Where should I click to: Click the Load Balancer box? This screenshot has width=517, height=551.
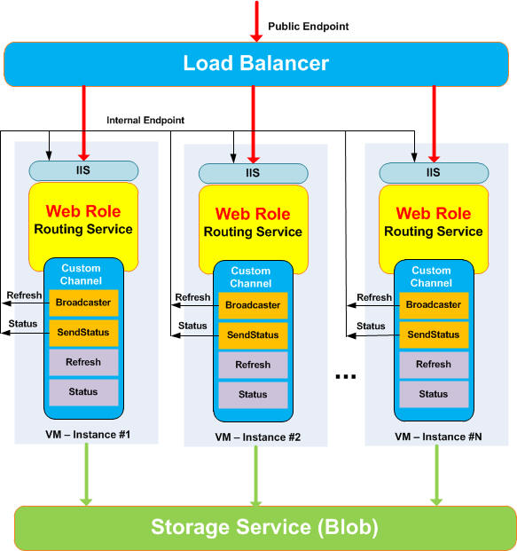pos(256,64)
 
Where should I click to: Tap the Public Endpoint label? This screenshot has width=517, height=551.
pos(309,27)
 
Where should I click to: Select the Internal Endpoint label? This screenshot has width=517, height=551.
pos(145,120)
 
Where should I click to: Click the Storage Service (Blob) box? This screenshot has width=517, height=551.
pos(265,527)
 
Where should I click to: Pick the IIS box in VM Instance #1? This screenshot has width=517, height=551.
pos(83,170)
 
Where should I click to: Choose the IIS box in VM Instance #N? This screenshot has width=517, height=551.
pos(434,173)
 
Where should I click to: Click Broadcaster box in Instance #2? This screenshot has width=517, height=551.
pos(253,305)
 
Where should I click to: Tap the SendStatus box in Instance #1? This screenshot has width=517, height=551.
pos(83,333)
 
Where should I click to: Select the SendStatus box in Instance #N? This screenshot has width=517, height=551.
pos(434,335)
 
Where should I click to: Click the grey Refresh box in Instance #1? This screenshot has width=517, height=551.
pos(83,362)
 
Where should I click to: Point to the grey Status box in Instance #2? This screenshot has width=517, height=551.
pos(253,395)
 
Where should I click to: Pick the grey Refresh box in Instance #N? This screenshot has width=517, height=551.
pos(434,365)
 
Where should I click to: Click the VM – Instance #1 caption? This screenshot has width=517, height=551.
pos(88,435)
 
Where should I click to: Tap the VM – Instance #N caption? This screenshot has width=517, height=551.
pos(438,437)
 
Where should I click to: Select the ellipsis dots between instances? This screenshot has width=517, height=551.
pos(346,377)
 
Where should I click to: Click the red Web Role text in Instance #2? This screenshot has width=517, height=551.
pos(253,214)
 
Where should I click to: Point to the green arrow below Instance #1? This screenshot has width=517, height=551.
pos(86,475)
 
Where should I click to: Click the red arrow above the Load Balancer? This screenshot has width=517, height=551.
pos(257,21)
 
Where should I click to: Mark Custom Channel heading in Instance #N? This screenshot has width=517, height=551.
pos(431,277)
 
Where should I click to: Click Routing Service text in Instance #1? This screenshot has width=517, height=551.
pos(83,229)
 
